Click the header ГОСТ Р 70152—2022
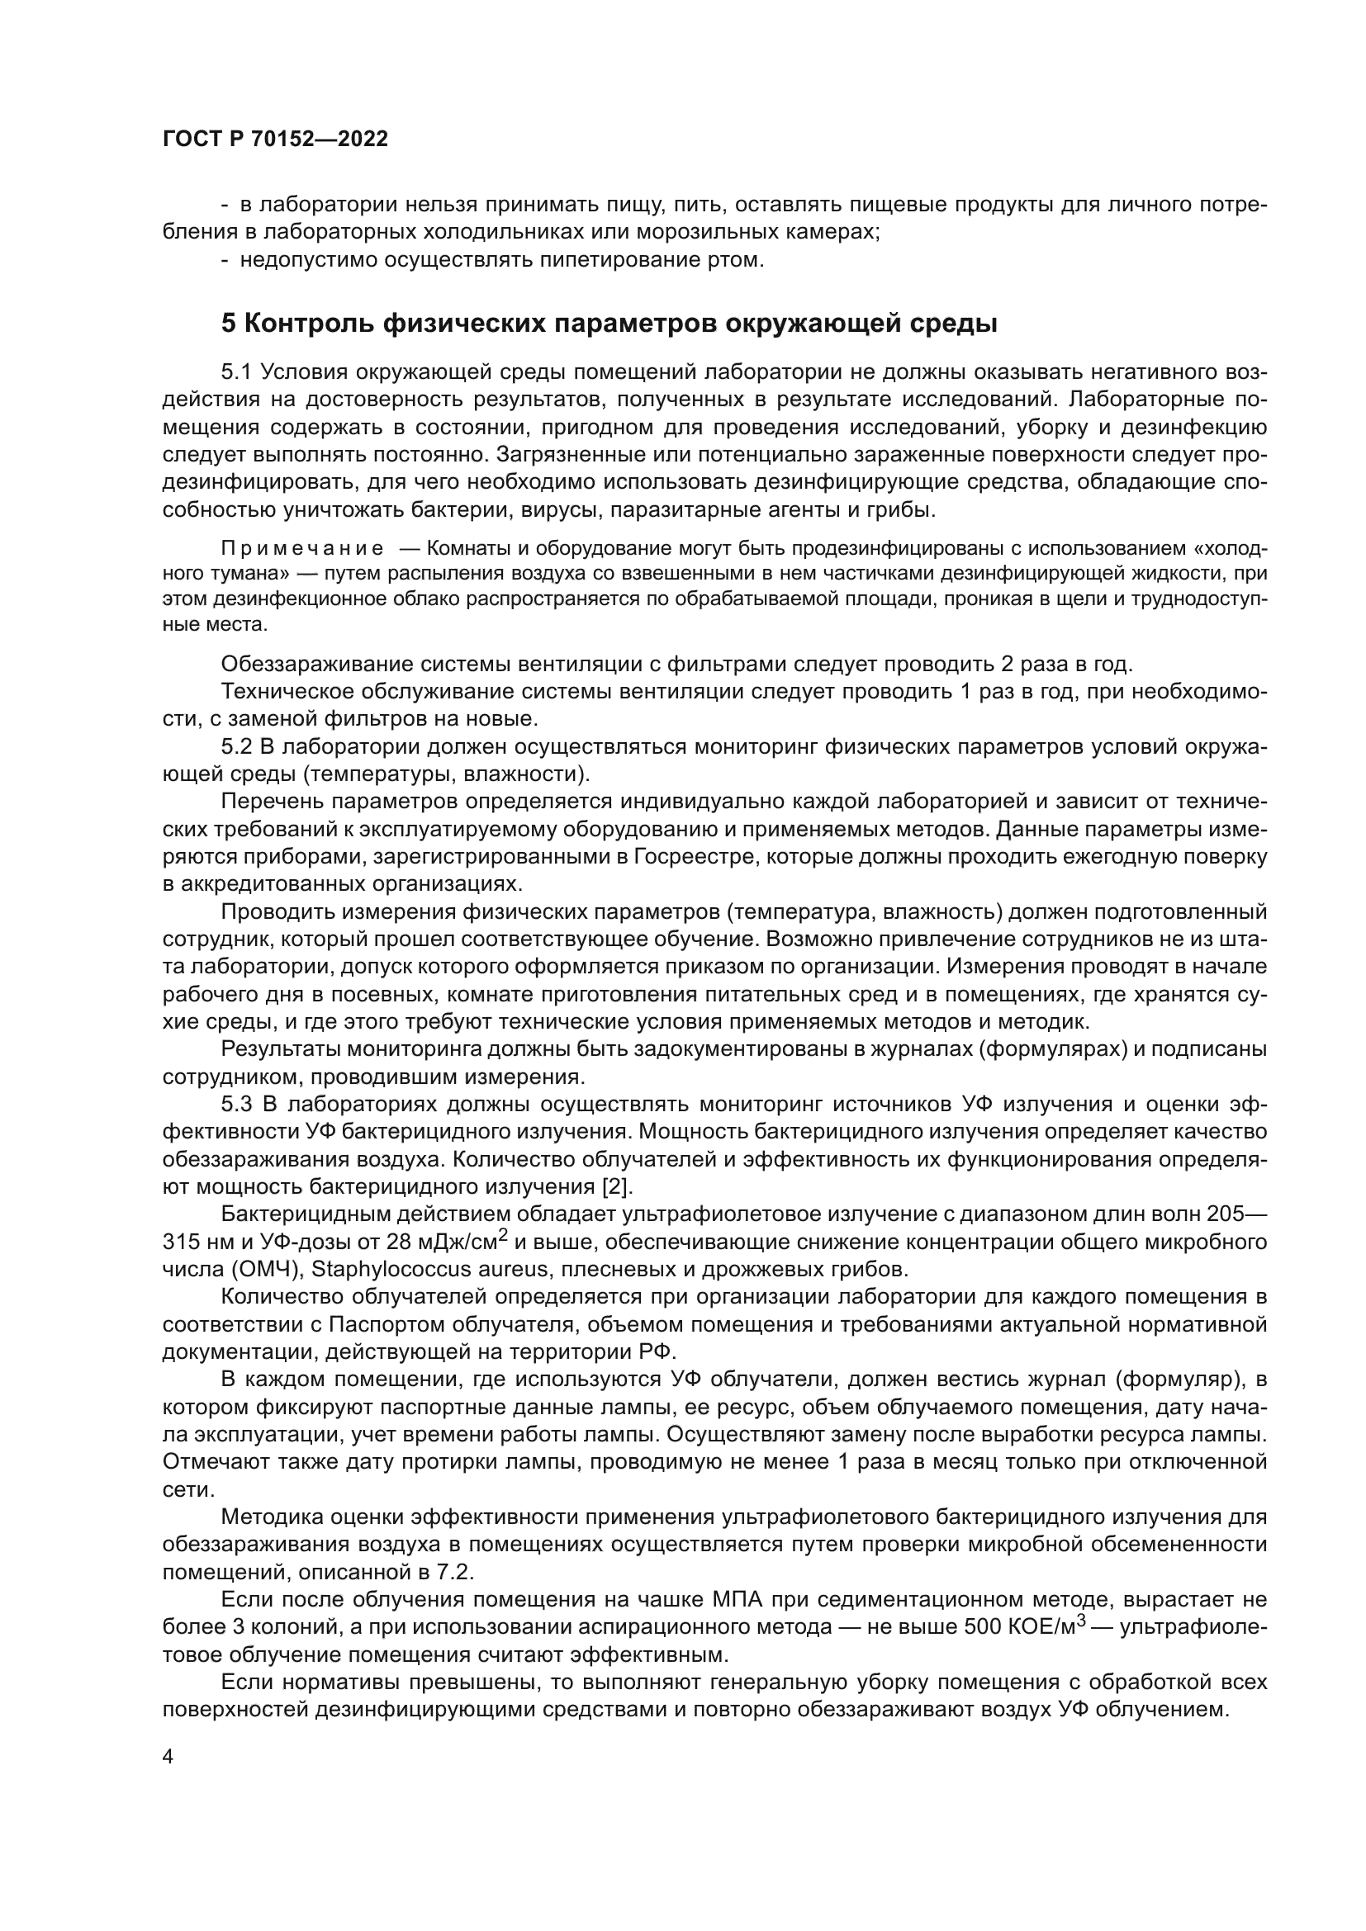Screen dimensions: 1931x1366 pyautogui.click(x=275, y=140)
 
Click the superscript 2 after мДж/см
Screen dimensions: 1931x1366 pyautogui.click(x=503, y=1234)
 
